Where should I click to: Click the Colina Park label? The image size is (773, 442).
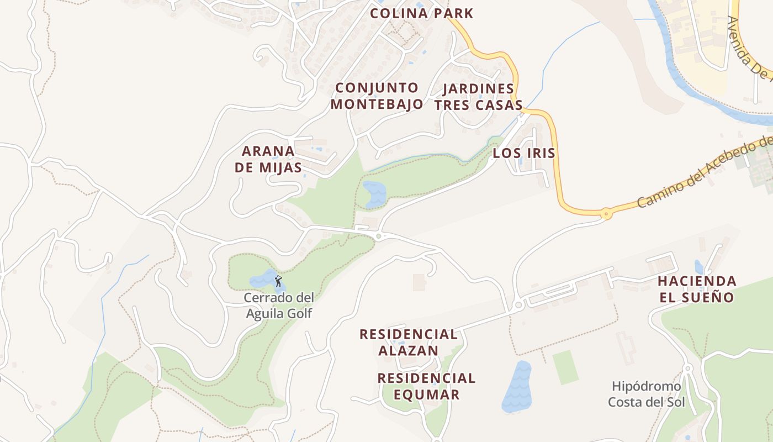click(x=422, y=13)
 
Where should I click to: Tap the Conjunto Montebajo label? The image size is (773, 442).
click(x=377, y=96)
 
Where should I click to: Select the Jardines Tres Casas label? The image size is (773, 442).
click(x=478, y=97)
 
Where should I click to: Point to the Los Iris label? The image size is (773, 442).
click(x=523, y=153)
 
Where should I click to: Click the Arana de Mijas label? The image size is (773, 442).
click(x=268, y=159)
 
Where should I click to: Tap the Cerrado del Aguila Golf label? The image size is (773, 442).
click(x=279, y=306)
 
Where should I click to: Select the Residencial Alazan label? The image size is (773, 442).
click(x=408, y=342)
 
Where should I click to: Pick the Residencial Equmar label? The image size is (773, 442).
click(x=426, y=386)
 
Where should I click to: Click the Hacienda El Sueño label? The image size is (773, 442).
click(x=697, y=289)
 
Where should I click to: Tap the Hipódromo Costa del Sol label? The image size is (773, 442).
click(x=646, y=394)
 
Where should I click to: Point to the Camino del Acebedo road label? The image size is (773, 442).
click(x=704, y=172)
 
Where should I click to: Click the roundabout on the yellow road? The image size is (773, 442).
click(x=606, y=213)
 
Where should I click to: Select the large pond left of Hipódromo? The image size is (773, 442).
click(x=517, y=387)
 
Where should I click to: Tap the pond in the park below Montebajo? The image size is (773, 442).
click(x=375, y=193)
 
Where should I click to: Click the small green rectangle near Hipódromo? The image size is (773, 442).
click(x=565, y=367)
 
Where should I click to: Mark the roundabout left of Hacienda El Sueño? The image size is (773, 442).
click(x=518, y=305)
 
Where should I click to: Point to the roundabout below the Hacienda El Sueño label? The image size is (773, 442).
click(x=687, y=368)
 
